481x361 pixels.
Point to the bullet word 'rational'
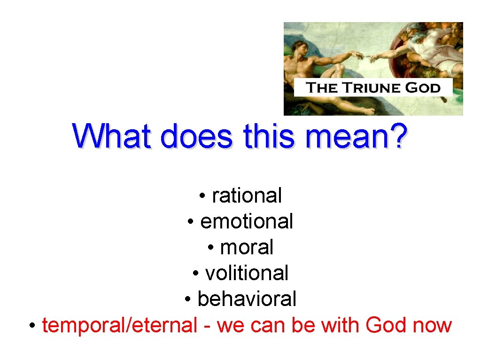click(247, 196)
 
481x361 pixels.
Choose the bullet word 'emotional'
click(247, 221)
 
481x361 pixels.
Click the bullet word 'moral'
click(247, 247)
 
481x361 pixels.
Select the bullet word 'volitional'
click(247, 273)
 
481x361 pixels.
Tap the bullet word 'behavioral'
click(247, 299)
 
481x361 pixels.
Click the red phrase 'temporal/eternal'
click(119, 325)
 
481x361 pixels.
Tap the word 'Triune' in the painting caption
click(369, 88)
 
